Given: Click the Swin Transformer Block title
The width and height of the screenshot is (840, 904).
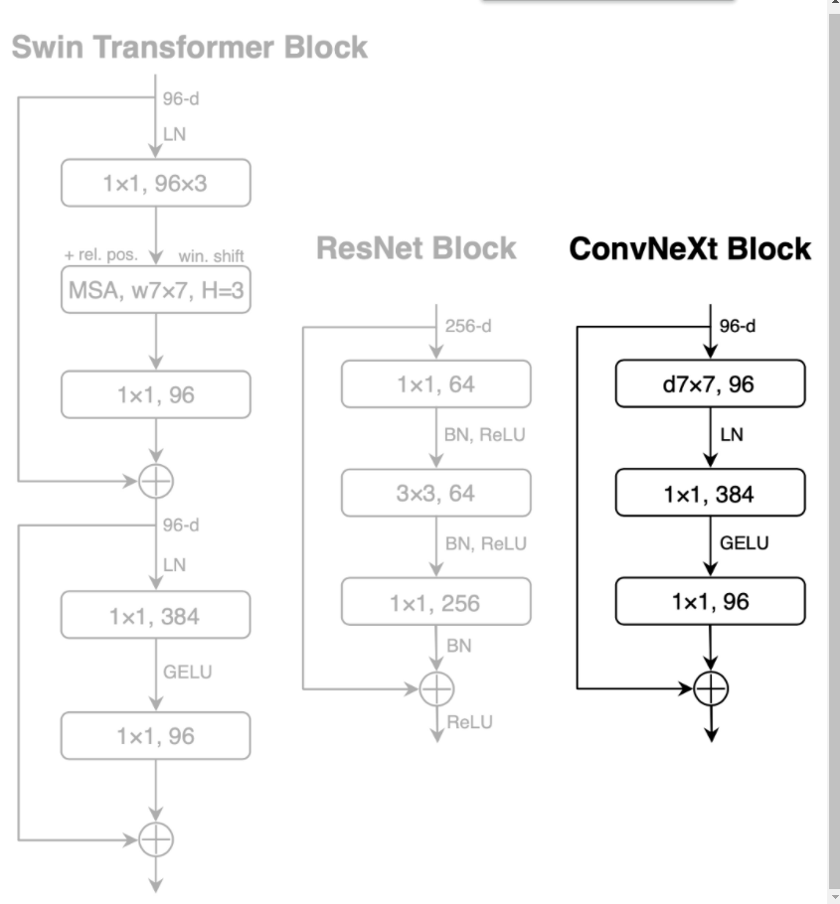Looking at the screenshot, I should pos(189,47).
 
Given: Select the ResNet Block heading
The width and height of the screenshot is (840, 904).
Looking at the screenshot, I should pos(417,248).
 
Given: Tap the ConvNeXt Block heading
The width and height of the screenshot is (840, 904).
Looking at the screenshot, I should pos(690,248).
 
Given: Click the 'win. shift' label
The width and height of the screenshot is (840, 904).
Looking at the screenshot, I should pos(211,255).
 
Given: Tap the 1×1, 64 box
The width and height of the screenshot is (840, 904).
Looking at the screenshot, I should pos(435,383).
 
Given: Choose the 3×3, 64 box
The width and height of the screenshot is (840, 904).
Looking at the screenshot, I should pos(435,493).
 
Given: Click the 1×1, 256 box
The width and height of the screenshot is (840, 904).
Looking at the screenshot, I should pos(435,602).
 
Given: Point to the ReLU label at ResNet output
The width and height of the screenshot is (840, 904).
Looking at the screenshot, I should pos(469,722).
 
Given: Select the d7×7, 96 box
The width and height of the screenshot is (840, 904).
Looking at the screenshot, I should pos(710,383).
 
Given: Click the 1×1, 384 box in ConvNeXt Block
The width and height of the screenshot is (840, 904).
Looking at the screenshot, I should pos(710,494).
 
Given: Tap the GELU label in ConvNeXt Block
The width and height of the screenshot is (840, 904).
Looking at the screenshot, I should pos(744,542).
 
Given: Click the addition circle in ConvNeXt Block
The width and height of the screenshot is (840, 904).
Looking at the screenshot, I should pos(710,687).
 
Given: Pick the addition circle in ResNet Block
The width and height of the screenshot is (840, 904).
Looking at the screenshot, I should pos(435,686).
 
